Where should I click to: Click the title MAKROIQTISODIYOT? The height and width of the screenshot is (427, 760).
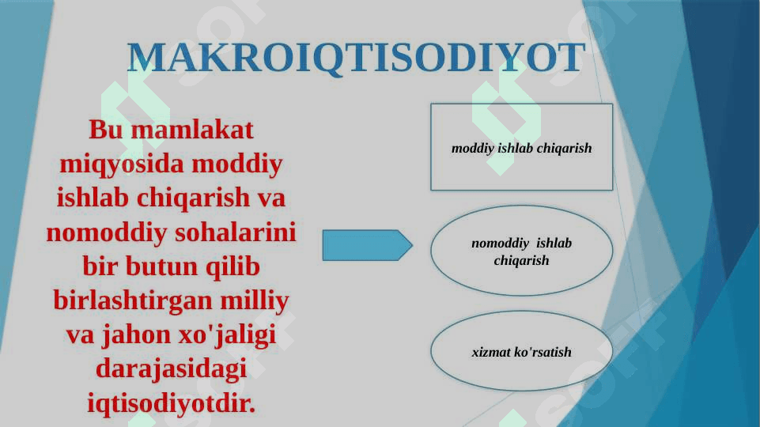pyautogui.click(x=356, y=59)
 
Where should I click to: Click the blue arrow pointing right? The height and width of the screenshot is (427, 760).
pyautogui.click(x=368, y=245)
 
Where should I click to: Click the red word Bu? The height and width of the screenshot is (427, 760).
pyautogui.click(x=105, y=130)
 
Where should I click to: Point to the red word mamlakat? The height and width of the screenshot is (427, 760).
pyautogui.click(x=192, y=130)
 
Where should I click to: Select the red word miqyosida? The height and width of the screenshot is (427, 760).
pyautogui.click(x=122, y=164)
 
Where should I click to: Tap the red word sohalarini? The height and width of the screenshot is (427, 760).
pyautogui.click(x=235, y=232)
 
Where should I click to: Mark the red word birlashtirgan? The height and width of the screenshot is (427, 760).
pyautogui.click(x=133, y=301)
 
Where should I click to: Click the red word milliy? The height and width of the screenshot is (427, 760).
pyautogui.click(x=255, y=301)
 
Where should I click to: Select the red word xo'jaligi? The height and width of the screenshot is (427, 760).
pyautogui.click(x=227, y=335)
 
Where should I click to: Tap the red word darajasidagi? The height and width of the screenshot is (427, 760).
pyautogui.click(x=171, y=369)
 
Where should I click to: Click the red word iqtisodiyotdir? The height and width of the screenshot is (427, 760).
pyautogui.click(x=171, y=403)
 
